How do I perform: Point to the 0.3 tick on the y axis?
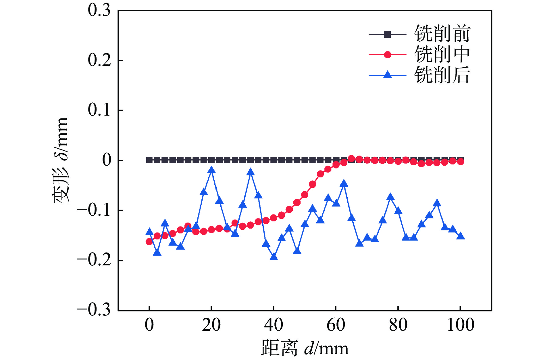coord(99,10)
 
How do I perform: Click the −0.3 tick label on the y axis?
coord(94,310)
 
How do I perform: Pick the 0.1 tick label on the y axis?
coord(99,110)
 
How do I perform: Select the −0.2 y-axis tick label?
coord(94,260)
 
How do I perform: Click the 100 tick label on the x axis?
coord(461,325)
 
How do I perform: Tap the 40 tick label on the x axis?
coord(274,325)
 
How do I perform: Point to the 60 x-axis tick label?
coord(336,325)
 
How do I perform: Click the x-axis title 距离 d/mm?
coord(305,348)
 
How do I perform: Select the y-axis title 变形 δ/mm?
coord(61,160)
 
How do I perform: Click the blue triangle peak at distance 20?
coord(211,170)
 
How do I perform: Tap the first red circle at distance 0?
coord(149,242)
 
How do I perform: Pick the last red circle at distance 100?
coord(461,162)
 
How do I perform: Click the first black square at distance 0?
coord(149,160)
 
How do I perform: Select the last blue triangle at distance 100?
coord(461,236)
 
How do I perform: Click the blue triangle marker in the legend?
coord(388,75)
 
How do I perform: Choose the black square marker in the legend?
coord(388,34)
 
